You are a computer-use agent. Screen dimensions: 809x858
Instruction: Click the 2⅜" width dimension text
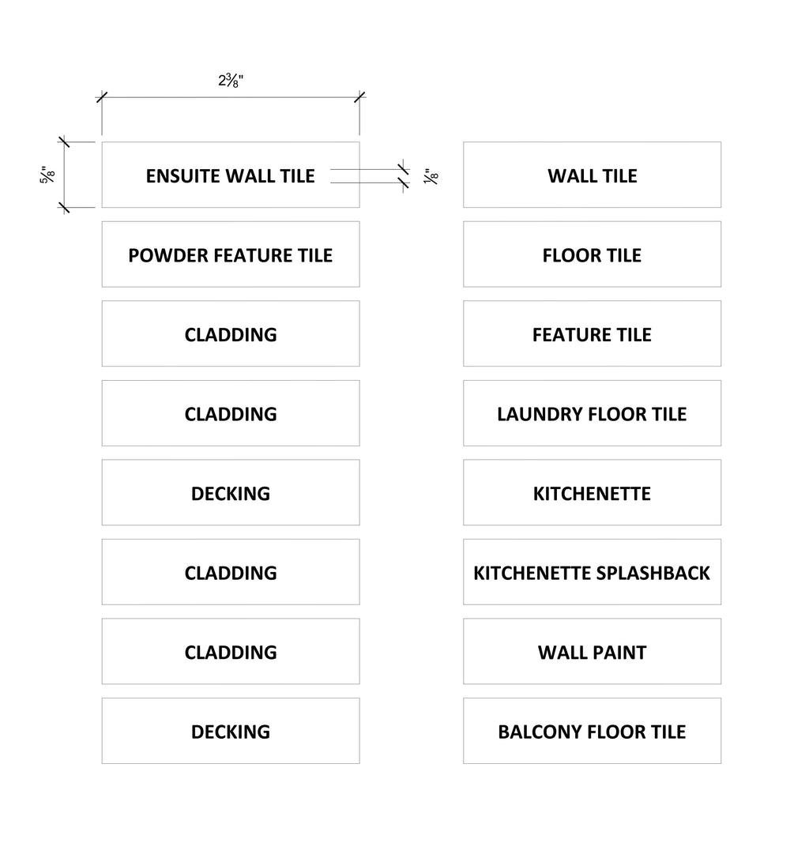tap(231, 81)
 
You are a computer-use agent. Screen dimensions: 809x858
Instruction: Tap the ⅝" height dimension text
tap(47, 175)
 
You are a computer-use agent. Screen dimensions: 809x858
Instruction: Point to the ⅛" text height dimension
tap(431, 176)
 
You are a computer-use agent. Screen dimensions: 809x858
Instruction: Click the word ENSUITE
tap(182, 176)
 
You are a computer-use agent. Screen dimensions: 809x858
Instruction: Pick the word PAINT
tap(621, 653)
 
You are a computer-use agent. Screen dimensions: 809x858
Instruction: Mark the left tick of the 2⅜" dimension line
tap(102, 97)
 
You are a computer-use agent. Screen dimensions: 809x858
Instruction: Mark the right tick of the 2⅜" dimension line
tap(359, 97)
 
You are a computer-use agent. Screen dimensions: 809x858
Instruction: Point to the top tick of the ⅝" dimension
tap(64, 142)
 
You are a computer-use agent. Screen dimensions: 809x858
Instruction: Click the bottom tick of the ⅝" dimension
tap(64, 207)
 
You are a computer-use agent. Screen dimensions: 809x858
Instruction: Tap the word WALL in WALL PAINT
tap(563, 653)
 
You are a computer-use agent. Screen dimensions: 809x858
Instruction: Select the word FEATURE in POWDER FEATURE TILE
tap(252, 255)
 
